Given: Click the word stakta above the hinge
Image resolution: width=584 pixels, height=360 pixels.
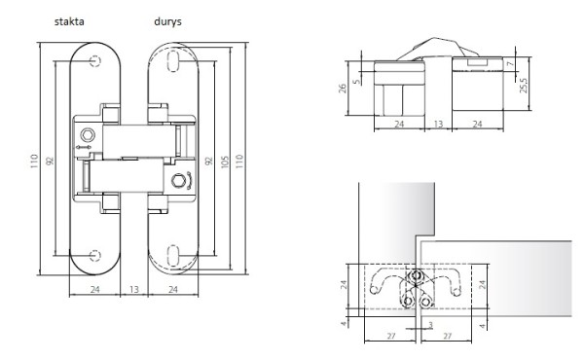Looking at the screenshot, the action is pos(69,21).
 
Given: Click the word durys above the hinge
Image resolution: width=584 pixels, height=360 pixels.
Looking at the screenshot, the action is pos(167,21).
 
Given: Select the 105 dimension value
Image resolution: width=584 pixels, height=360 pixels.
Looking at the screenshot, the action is pos(225,162).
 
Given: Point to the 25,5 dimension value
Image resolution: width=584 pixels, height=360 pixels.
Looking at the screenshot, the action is pos(524,86).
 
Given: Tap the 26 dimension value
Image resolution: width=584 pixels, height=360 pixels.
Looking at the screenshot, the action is pos(343,89).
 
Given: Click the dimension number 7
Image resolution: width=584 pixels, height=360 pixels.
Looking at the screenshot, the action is pos(511,63).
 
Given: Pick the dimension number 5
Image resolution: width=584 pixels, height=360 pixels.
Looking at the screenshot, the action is pos(357,81).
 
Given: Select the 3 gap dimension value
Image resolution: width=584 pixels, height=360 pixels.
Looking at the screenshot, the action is pos(430,325).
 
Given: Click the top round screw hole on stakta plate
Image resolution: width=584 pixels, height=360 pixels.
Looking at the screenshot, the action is pos(95,60).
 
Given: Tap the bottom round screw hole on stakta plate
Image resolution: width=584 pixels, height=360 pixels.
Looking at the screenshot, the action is pos(95,255).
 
